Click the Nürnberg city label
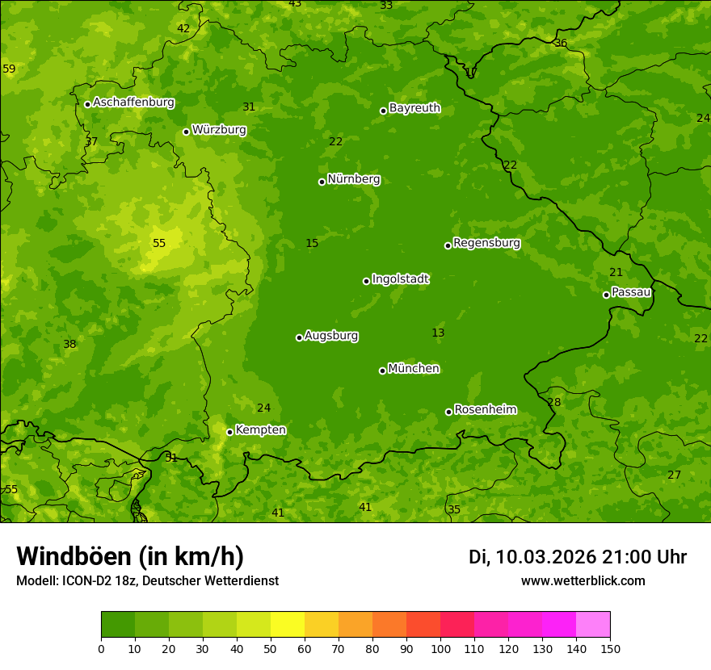353,179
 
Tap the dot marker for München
382,371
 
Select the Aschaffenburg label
133,103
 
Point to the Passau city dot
606,295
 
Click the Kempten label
260,430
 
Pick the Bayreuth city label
414,108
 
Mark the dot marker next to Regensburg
448,245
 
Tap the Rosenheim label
485,410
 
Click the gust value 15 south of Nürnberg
312,244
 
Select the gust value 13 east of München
438,333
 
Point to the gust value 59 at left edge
9,69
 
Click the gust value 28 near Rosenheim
553,403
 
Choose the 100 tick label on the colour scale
440,648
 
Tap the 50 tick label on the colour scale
271,648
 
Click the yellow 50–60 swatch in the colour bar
288,625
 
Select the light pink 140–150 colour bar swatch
593,625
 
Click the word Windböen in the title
74,556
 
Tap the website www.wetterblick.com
583,581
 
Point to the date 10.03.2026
545,557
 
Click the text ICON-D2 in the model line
85,581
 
